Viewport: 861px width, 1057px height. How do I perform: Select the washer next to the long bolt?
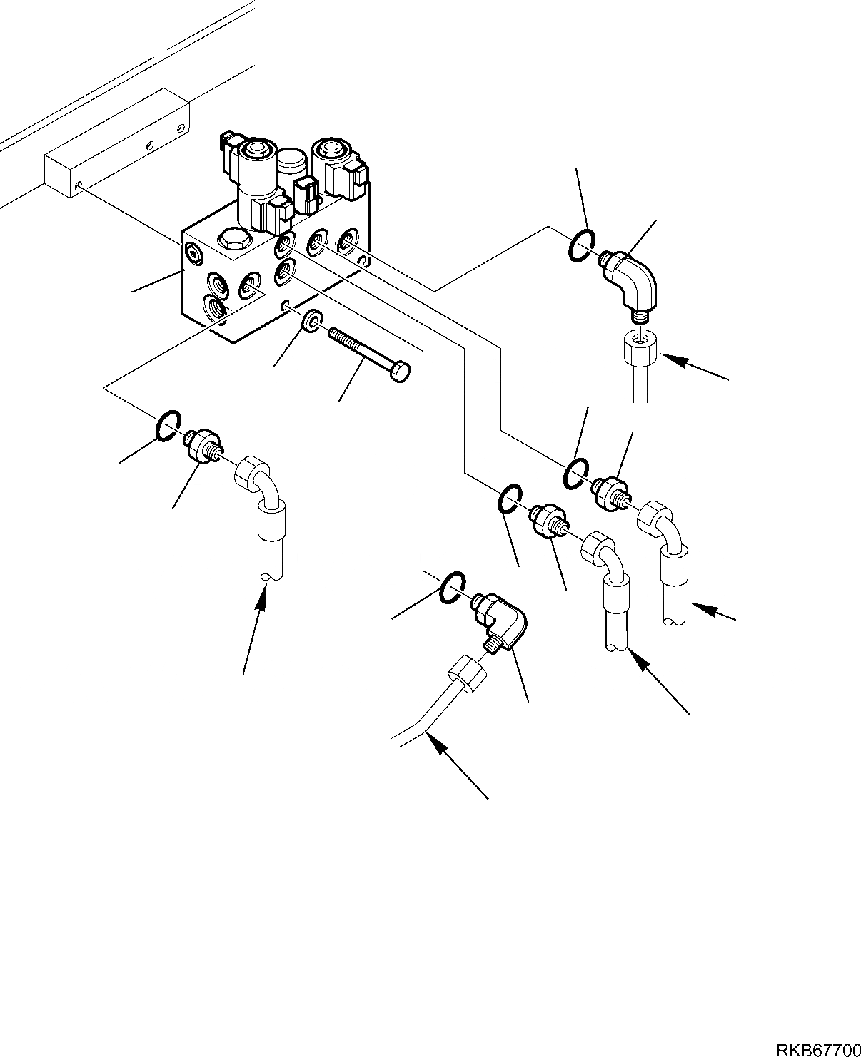(312, 320)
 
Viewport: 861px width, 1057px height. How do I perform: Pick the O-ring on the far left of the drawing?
(168, 425)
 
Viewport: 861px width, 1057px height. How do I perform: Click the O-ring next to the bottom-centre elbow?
(453, 586)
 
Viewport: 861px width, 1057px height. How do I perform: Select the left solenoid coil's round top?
(257, 150)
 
